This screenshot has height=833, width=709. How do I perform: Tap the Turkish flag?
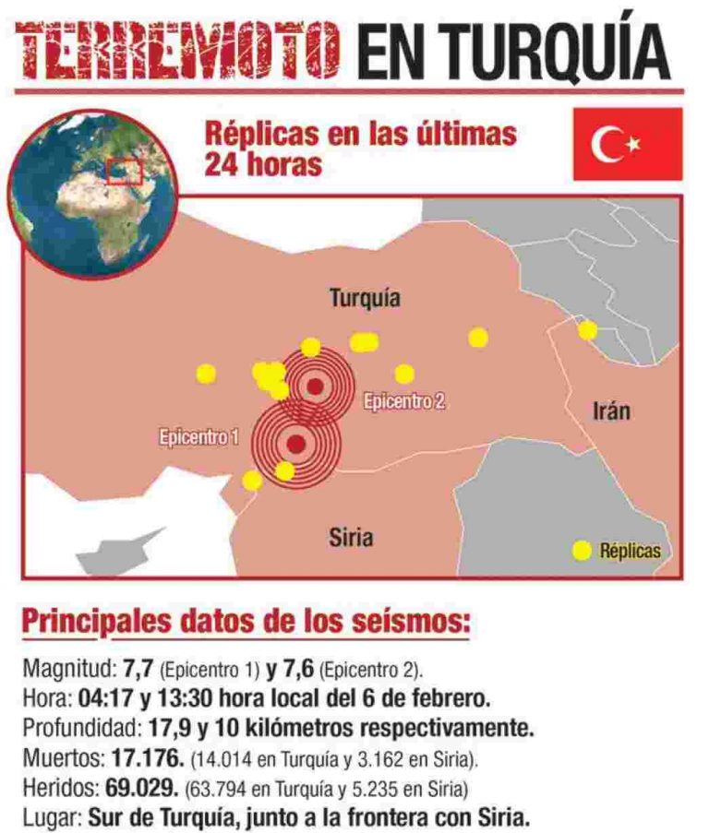click(x=628, y=144)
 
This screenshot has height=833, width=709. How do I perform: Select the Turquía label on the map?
click(x=365, y=298)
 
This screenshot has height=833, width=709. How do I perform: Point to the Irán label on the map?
click(x=611, y=411)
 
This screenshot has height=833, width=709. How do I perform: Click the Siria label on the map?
click(x=351, y=535)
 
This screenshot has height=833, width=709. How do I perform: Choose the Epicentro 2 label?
click(x=404, y=401)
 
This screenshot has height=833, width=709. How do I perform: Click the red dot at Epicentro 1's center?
click(x=295, y=445)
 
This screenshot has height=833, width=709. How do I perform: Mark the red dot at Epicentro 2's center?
click(x=315, y=387)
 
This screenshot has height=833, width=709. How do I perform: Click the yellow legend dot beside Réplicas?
click(x=582, y=551)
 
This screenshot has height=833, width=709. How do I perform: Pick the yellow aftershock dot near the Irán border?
click(x=587, y=330)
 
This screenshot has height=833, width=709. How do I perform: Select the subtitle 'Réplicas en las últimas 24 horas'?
click(x=360, y=149)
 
